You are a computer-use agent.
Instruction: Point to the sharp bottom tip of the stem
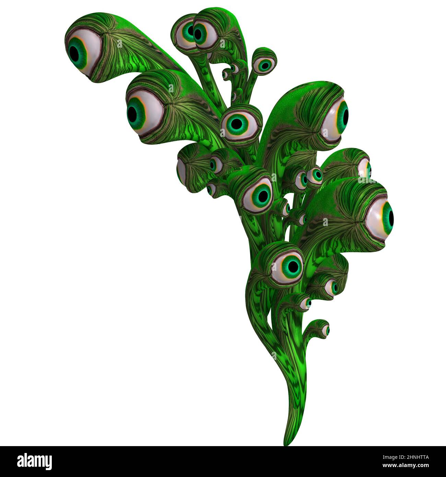coord(287,443)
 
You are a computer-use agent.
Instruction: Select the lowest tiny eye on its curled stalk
coord(325,330)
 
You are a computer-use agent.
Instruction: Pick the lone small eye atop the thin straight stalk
coord(264,65)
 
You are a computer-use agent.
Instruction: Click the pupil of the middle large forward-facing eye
coord(262,196)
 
